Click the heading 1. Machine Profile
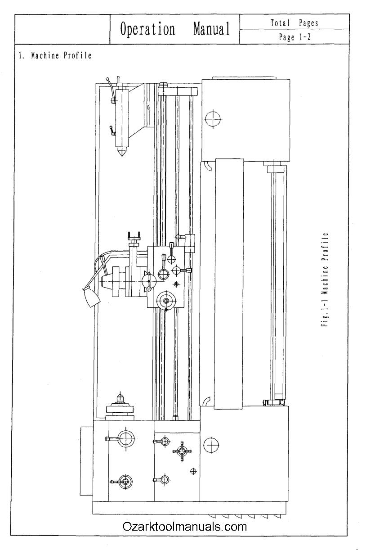55,56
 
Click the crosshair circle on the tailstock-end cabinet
212,119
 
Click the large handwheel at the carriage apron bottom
166,301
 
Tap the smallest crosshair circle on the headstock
193,471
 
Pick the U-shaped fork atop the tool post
134,235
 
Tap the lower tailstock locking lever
113,131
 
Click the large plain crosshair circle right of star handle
210,446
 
